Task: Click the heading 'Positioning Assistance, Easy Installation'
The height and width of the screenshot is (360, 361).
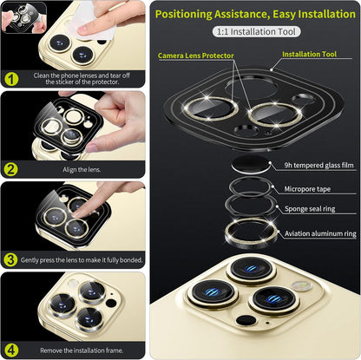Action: (255, 13)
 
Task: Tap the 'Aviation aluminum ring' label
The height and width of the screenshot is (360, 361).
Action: (319, 233)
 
